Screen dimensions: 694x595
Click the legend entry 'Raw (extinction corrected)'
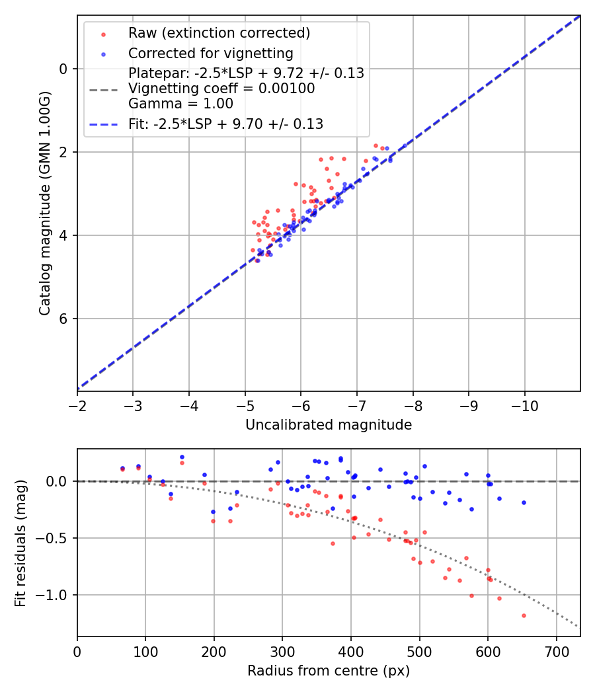[x=219, y=32]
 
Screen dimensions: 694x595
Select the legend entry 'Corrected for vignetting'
[x=210, y=53]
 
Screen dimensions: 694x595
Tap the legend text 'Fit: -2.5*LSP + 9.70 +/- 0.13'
[x=225, y=124]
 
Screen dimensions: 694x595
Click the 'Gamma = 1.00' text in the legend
[x=180, y=103]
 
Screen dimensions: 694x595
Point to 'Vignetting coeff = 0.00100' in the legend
[x=221, y=89]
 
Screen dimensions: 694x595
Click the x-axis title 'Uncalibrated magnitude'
[x=329, y=425]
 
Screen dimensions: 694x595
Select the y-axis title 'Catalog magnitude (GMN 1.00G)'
[x=44, y=202]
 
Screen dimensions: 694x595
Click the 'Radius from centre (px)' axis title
[x=329, y=671]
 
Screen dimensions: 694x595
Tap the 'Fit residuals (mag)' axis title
[x=20, y=543]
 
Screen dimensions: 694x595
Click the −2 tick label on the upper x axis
[x=77, y=403]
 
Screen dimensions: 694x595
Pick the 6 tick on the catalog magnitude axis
[x=63, y=319]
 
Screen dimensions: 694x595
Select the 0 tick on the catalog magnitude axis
[x=63, y=69]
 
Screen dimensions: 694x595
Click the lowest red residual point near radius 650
[x=524, y=615]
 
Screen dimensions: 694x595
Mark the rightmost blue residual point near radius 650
[x=524, y=502]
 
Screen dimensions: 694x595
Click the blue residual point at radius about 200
[x=213, y=512]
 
